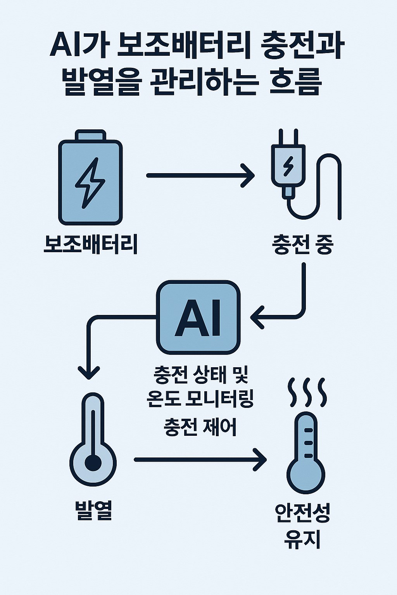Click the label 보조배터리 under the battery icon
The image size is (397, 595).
pyautogui.click(x=91, y=244)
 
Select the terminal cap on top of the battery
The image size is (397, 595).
pyautogui.click(x=90, y=136)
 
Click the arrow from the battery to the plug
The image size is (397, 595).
pyautogui.click(x=200, y=175)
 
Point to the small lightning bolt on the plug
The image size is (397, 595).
pyautogui.click(x=288, y=165)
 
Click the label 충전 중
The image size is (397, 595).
pyautogui.click(x=303, y=245)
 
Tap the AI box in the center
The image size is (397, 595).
pyautogui.click(x=198, y=317)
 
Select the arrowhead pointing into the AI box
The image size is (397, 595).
pyautogui.click(x=257, y=318)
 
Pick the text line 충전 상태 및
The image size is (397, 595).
pyautogui.click(x=201, y=375)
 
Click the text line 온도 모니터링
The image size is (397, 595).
pyautogui.click(x=200, y=399)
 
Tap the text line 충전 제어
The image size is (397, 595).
pyautogui.click(x=200, y=427)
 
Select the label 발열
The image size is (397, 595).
pyautogui.click(x=93, y=511)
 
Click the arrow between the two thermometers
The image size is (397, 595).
pyautogui.click(x=200, y=460)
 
